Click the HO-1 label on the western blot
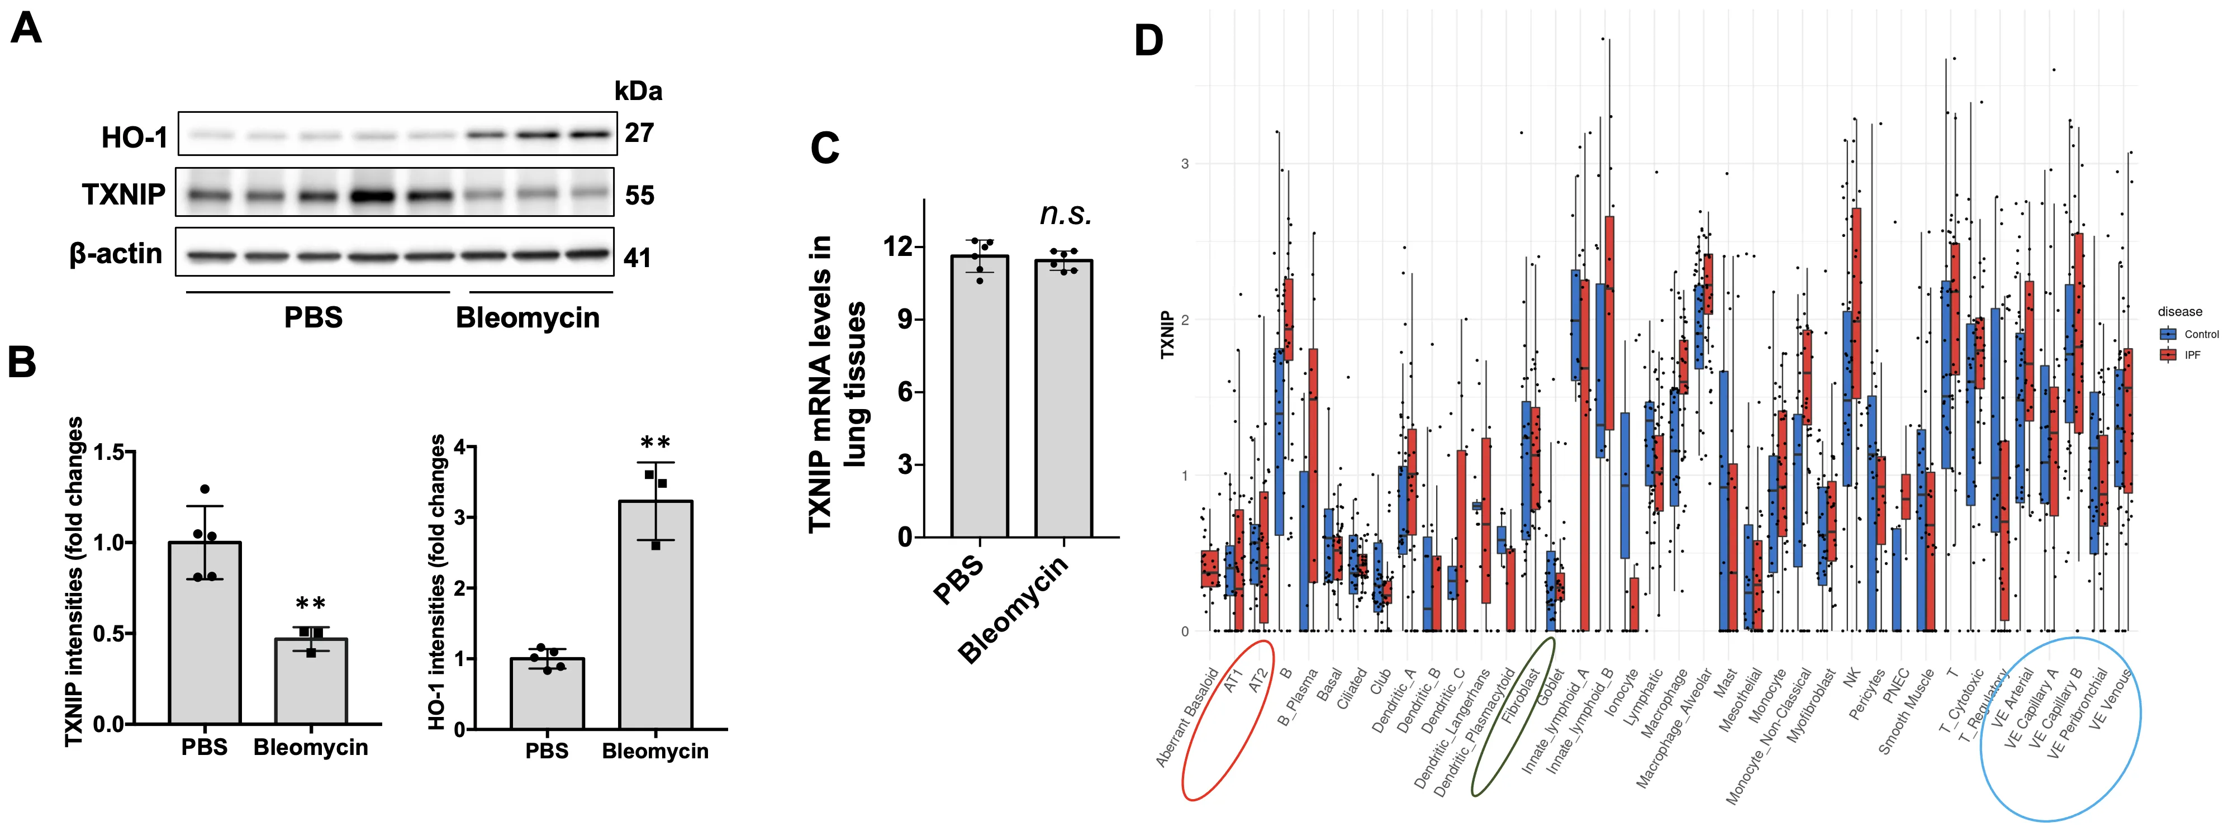(134, 136)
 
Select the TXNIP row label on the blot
(123, 194)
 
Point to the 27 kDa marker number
(639, 132)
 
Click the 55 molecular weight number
(639, 196)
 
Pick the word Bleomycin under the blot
(528, 317)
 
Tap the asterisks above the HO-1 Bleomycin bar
(655, 443)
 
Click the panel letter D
(1148, 41)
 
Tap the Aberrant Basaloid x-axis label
(1187, 718)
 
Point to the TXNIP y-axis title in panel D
(1167, 335)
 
